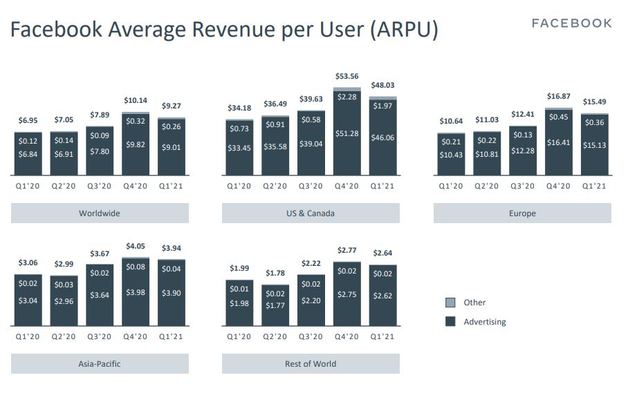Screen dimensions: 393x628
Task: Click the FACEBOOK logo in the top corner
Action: (x=571, y=23)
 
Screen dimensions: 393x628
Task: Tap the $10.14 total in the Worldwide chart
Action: (x=136, y=100)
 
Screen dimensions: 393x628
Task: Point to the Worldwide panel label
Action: (x=100, y=213)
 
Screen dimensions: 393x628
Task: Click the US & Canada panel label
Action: (x=311, y=213)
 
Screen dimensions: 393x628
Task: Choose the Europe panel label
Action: (x=522, y=213)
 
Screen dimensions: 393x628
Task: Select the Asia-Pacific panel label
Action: (x=100, y=364)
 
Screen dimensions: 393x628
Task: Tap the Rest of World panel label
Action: (x=311, y=364)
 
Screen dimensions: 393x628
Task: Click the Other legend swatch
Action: (x=450, y=303)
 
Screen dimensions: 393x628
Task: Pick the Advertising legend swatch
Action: (x=450, y=322)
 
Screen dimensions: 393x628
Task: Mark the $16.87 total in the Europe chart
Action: (x=558, y=97)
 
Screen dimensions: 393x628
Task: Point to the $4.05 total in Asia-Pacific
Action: (x=136, y=246)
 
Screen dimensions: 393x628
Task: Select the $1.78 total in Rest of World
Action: (x=275, y=274)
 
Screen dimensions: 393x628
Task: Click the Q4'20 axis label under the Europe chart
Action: (x=558, y=186)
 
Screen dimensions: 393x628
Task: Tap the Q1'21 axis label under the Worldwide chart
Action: (x=172, y=186)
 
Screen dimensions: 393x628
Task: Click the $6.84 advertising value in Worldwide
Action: (x=28, y=153)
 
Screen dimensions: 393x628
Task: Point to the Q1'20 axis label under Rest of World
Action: (x=239, y=337)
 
